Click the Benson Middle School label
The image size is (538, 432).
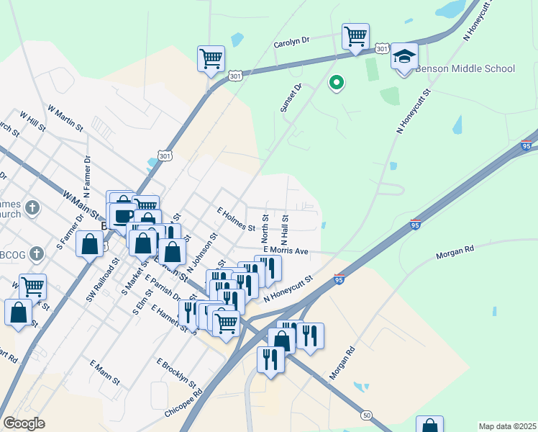coord(465,69)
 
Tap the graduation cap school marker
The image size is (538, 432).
coord(405,55)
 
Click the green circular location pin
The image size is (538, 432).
coord(336,84)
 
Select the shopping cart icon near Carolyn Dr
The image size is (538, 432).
coord(355,36)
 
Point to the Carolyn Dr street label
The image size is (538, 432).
coord(291,43)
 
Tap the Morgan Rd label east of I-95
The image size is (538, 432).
coord(455,253)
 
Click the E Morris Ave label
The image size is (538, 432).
coord(286,251)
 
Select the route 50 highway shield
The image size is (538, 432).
coord(367,415)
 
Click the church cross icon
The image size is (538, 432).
coord(32,209)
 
